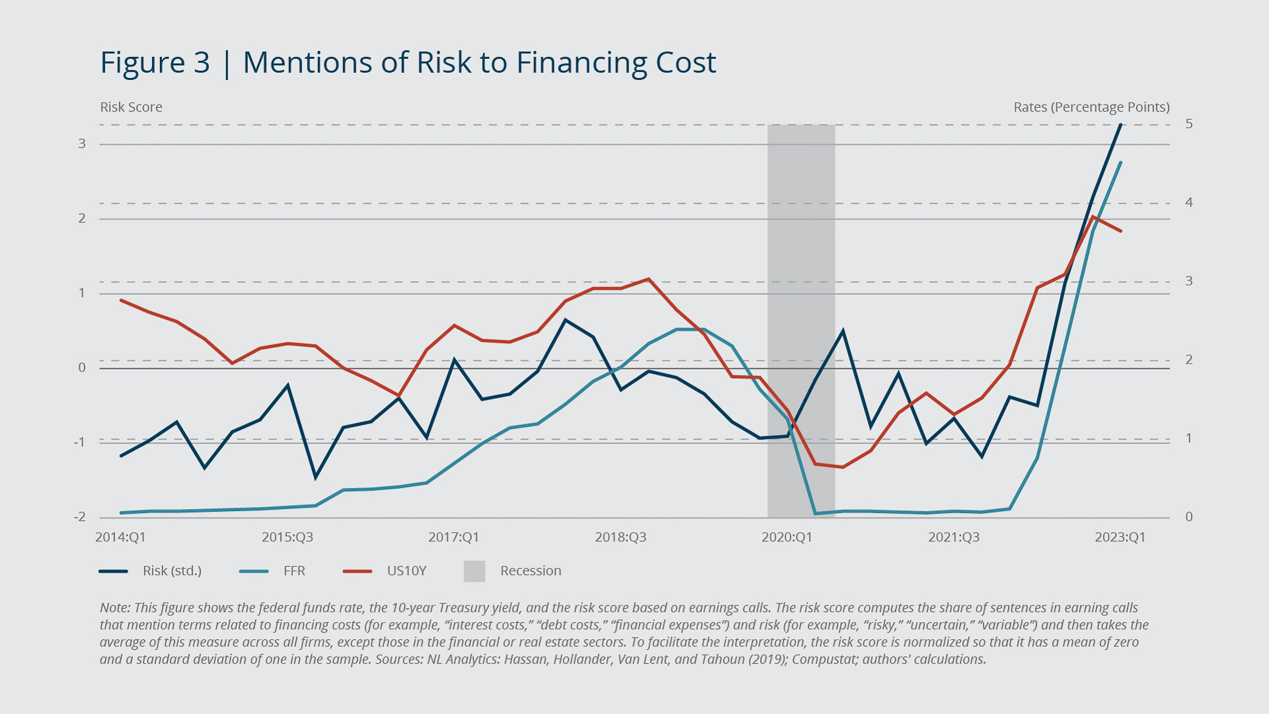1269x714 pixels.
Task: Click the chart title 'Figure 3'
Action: (155, 63)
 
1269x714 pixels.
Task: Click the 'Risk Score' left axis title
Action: (131, 107)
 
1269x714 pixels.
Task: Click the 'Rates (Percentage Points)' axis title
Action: (1091, 107)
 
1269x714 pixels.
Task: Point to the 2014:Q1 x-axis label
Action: (120, 537)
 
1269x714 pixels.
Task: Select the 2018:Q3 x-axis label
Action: (620, 537)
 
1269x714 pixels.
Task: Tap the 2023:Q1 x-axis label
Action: (1120, 537)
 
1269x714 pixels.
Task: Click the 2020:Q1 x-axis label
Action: (787, 537)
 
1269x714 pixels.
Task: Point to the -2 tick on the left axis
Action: (80, 517)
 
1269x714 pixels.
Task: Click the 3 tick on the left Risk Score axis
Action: (82, 143)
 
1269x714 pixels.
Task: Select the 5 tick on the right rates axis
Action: (1189, 124)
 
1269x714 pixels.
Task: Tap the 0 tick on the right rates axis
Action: (1189, 517)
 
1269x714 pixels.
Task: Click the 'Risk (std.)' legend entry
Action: (172, 571)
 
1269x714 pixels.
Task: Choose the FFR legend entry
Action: (294, 571)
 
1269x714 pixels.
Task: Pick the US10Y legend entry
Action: (406, 571)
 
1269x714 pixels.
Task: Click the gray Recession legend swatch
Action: (475, 571)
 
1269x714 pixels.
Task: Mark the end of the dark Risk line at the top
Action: (1120, 125)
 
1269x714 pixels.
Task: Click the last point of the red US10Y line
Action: (1121, 231)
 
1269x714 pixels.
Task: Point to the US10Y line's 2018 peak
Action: (648, 279)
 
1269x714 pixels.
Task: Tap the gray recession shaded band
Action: (801, 264)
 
